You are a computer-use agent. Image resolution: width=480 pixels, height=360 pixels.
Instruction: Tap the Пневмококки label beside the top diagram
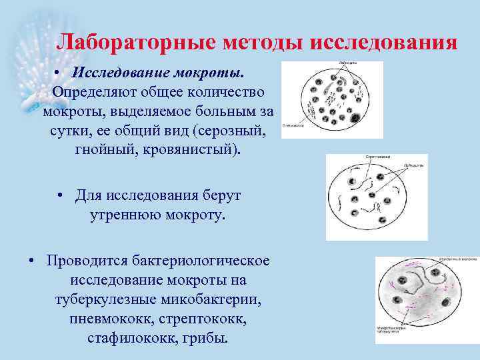tap(294, 125)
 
